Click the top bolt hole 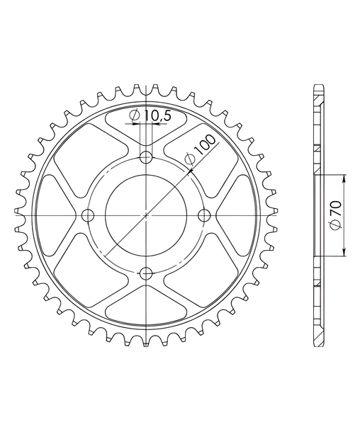[146, 158]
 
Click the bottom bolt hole [146, 273]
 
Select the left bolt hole [88, 215]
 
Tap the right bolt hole [204, 215]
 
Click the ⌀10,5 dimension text [150, 115]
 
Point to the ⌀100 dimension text [201, 151]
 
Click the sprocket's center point [146, 215]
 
